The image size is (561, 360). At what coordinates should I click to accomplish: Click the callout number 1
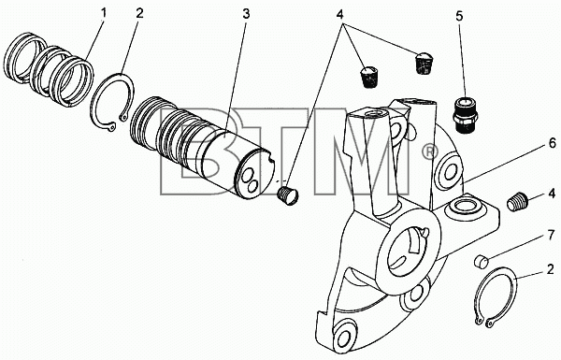104,13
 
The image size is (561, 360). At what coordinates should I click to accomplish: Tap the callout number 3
246,14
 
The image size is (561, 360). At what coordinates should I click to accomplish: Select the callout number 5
459,16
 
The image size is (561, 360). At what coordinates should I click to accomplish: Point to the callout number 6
553,143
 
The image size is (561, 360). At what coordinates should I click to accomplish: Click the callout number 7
552,236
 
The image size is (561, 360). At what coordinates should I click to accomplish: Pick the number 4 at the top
339,14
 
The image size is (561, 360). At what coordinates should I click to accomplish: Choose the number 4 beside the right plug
552,194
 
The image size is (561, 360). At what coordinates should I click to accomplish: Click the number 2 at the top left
139,13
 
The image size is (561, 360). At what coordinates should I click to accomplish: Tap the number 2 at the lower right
551,269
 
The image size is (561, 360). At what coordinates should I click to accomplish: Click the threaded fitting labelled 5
465,115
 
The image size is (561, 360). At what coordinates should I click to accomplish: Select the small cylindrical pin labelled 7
482,261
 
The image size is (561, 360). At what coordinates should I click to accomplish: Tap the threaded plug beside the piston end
288,196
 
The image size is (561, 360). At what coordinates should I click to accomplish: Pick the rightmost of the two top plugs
424,64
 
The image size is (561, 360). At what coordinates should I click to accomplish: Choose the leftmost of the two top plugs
368,77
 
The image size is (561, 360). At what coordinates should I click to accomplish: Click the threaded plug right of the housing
518,202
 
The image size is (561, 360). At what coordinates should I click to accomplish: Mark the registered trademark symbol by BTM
430,152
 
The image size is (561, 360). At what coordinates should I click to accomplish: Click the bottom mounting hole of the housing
344,338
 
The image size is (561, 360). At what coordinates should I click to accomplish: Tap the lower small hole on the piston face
252,186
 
